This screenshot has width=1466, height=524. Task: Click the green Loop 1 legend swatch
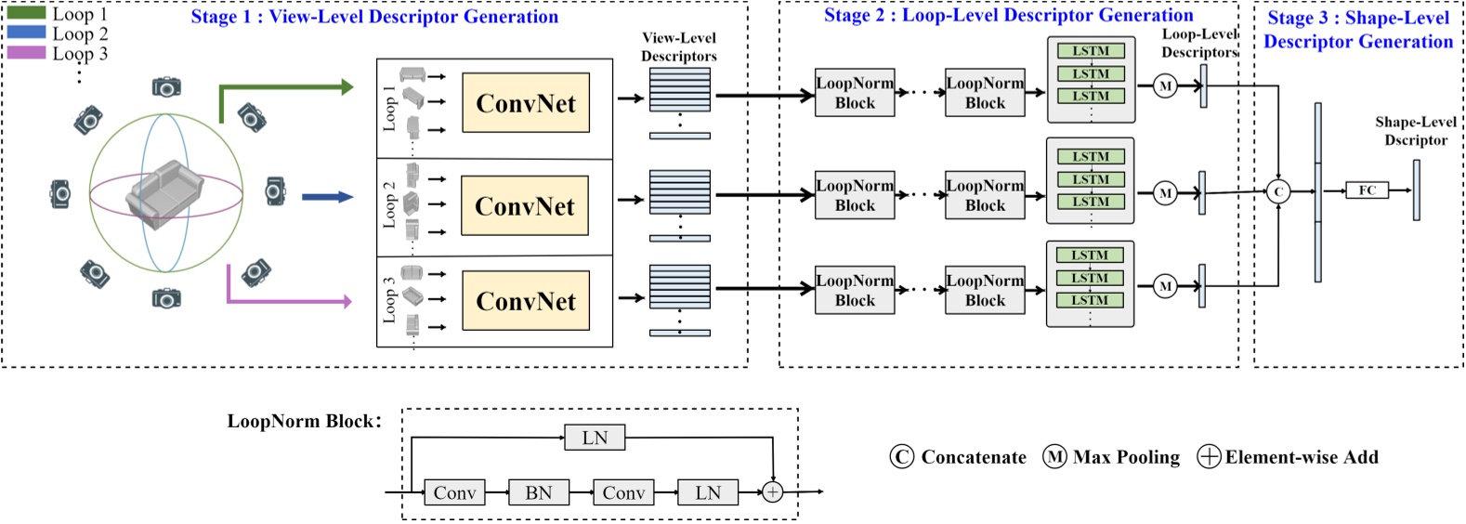click(26, 13)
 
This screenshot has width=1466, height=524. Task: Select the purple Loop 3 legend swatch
click(26, 53)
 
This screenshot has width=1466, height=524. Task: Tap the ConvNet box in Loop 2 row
click(525, 205)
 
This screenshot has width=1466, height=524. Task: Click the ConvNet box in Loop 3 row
click(526, 301)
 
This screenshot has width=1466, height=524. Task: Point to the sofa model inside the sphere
click(164, 191)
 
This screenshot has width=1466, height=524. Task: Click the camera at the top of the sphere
click(166, 87)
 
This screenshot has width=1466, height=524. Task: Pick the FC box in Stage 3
click(1367, 190)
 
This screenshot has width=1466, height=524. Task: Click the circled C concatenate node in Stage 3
click(1278, 191)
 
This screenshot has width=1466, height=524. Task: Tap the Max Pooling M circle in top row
click(1165, 86)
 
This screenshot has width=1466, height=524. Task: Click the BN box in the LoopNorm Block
click(538, 492)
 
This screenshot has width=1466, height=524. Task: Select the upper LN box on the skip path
click(595, 438)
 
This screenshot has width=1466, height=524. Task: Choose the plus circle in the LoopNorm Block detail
click(772, 492)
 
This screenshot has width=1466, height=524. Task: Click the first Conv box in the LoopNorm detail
click(454, 492)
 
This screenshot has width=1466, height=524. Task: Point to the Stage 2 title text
click(1008, 16)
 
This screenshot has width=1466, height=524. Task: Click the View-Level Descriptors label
click(679, 46)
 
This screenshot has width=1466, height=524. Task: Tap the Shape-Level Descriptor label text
click(1415, 131)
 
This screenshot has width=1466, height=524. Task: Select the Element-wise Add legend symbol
click(1209, 457)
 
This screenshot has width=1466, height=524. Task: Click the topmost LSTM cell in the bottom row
click(1090, 255)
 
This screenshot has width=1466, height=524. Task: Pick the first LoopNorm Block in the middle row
click(855, 195)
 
